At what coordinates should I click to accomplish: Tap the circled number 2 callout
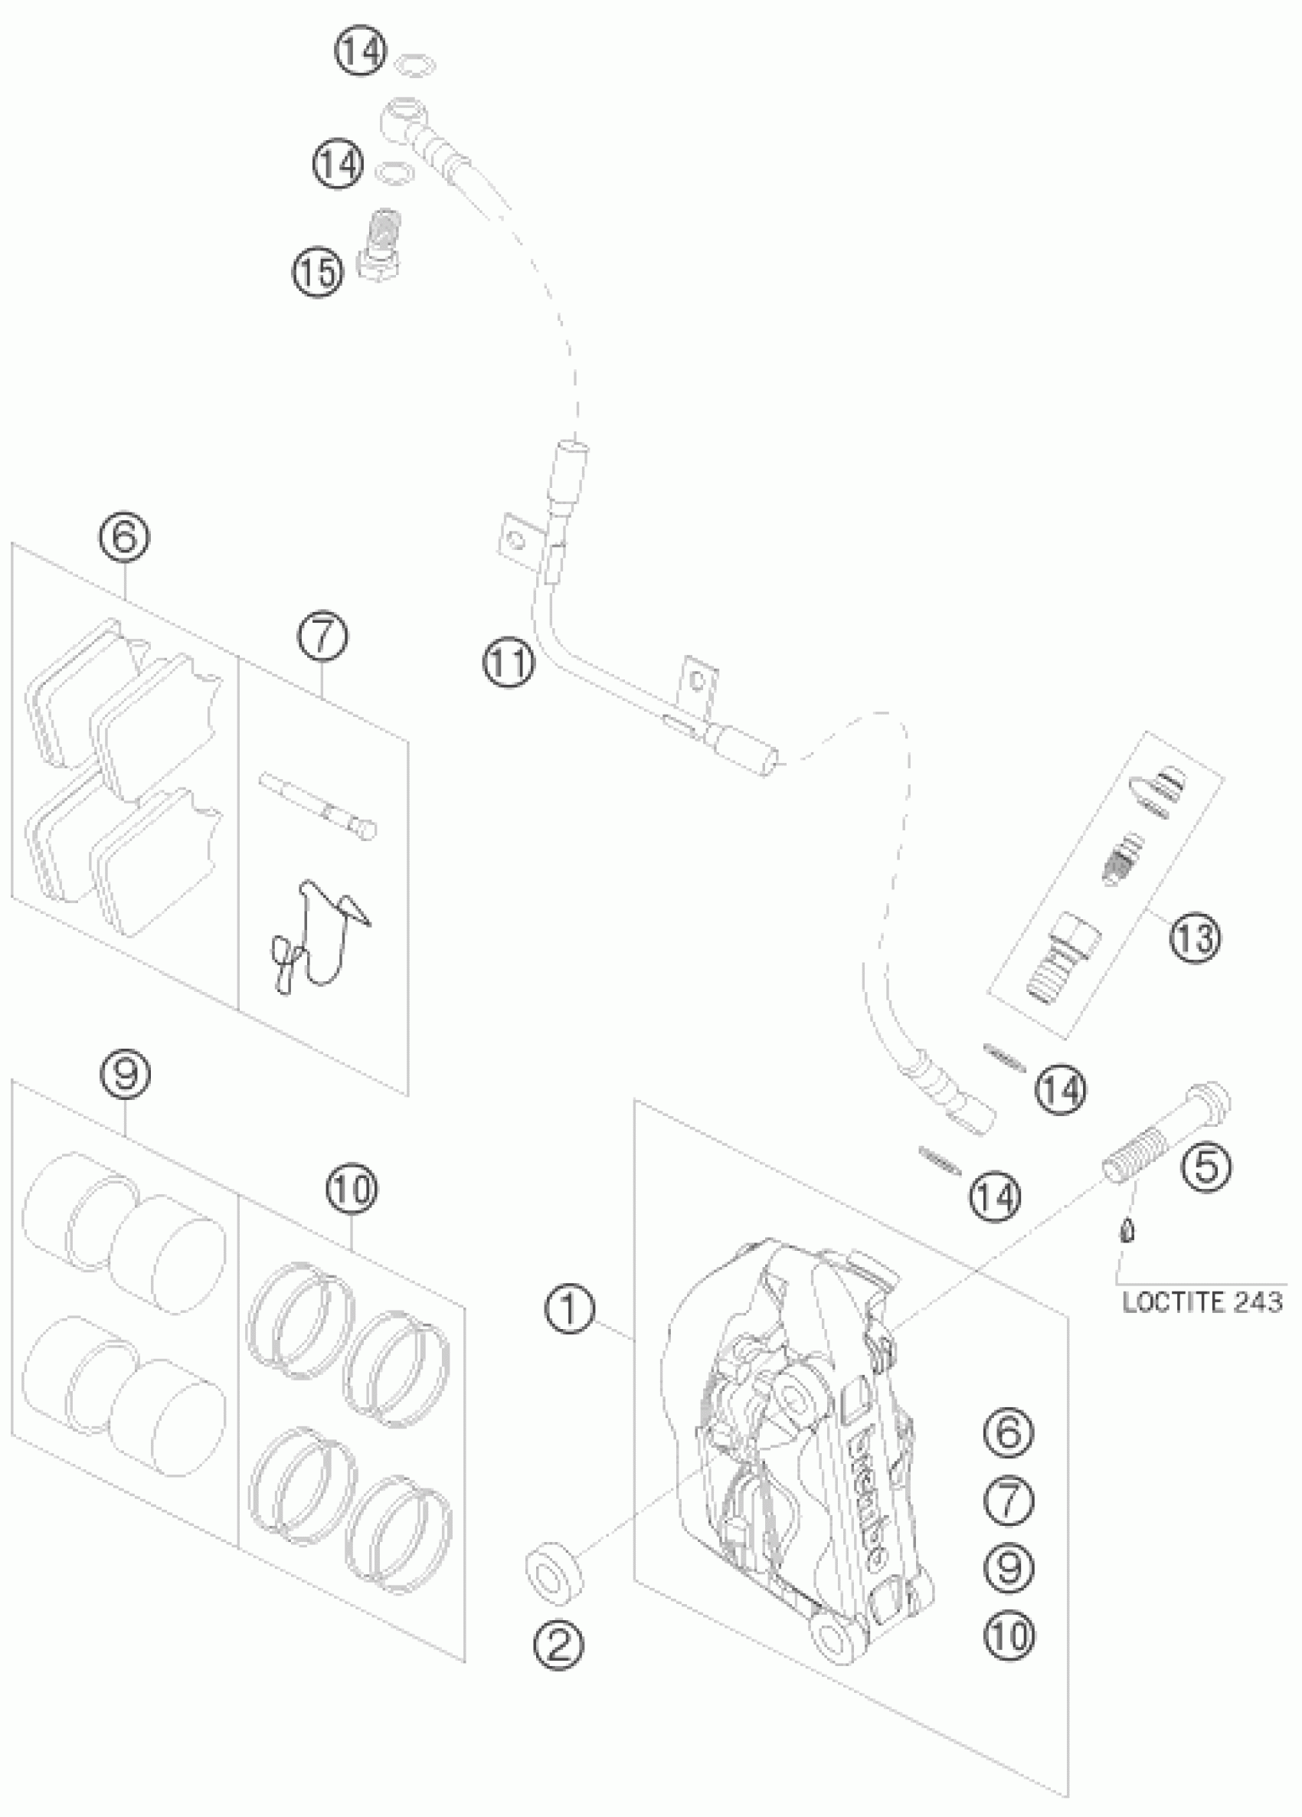[x=558, y=1645]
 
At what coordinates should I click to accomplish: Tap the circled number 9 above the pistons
[x=126, y=1074]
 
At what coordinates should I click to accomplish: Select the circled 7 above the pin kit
[x=323, y=635]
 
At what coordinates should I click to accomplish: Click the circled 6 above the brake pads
[x=124, y=535]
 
